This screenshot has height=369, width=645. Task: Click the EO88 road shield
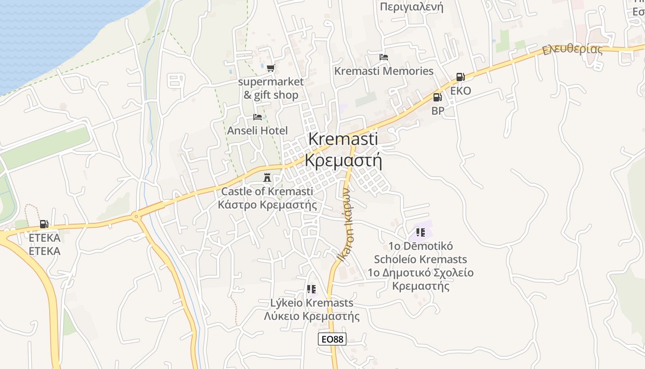pos(332,339)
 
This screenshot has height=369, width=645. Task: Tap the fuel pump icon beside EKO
pos(460,77)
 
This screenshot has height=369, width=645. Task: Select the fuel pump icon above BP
pos(437,97)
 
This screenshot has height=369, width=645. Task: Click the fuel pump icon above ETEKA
pos(44,224)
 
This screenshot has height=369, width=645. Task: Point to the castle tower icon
pos(267,178)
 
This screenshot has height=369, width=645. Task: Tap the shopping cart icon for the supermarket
pos(270,68)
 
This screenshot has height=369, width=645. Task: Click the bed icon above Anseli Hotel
pos(258,117)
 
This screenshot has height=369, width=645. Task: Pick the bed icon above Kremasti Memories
pos(383,57)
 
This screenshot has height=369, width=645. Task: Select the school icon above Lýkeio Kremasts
pos(311,289)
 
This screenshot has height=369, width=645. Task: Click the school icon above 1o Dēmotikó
pos(420,232)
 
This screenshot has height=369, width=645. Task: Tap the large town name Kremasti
pos(343,139)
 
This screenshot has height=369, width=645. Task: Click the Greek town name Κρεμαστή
pos(344,160)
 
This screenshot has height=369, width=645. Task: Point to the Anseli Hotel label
pos(258,131)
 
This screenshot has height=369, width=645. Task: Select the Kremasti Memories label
pos(384,71)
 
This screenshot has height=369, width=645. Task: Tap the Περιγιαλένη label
pos(411,6)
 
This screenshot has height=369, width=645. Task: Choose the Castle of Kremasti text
pos(267,191)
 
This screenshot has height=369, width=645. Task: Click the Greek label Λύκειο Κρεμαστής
pos(312,316)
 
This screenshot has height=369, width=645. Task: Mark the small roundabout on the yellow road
pos(136,215)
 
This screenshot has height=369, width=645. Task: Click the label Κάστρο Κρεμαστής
pos(268,204)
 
